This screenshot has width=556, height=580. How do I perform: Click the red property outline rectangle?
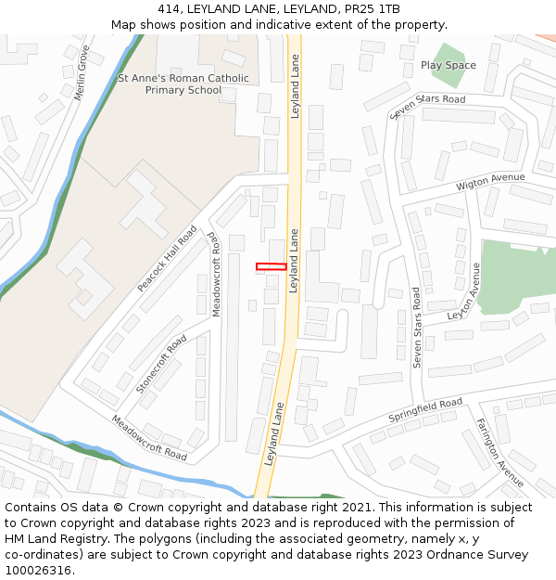tap(271, 267)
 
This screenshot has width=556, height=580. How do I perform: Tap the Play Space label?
tap(449, 65)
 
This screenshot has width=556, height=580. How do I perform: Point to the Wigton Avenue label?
tap(490, 182)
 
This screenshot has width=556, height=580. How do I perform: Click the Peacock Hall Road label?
tap(168, 259)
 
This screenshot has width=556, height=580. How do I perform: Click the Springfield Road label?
tap(424, 410)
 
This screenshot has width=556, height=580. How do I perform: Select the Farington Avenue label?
tap(500, 453)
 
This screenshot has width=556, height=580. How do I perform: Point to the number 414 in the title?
tap(168, 9)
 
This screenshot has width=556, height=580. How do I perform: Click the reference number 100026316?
tap(38, 571)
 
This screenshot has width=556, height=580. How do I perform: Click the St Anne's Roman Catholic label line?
tap(183, 78)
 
